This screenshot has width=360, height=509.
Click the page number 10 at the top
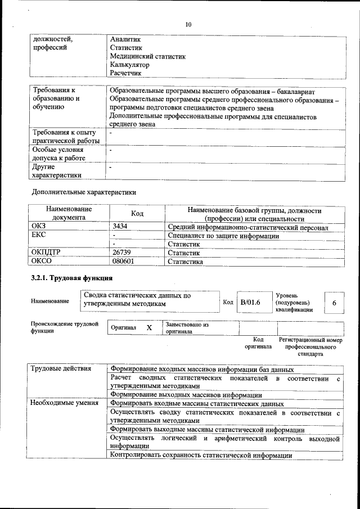(188, 24)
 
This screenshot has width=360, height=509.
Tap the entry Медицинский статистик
(148, 56)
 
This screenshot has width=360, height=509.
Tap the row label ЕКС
(40, 236)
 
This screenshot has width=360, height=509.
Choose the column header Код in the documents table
(137, 214)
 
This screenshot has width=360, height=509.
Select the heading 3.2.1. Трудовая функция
(71, 278)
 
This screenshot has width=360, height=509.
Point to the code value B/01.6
(250, 303)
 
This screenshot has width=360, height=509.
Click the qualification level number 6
(334, 303)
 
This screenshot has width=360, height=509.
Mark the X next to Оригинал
(149, 327)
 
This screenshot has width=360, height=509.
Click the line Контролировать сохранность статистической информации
(201, 455)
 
